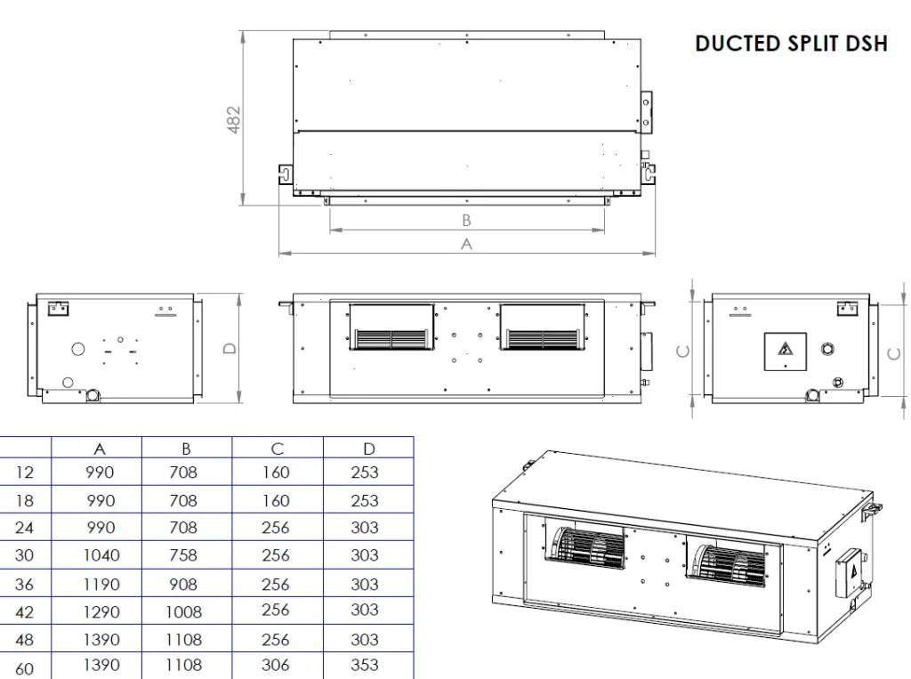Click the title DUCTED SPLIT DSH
click(x=791, y=44)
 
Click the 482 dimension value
click(x=234, y=119)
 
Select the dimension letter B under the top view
click(x=466, y=221)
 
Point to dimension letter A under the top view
click(x=466, y=244)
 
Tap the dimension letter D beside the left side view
click(x=230, y=348)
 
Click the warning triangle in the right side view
click(x=786, y=349)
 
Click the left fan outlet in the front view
click(x=391, y=327)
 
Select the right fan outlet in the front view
click(x=544, y=327)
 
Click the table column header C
click(x=278, y=449)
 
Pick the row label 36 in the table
click(x=24, y=584)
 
